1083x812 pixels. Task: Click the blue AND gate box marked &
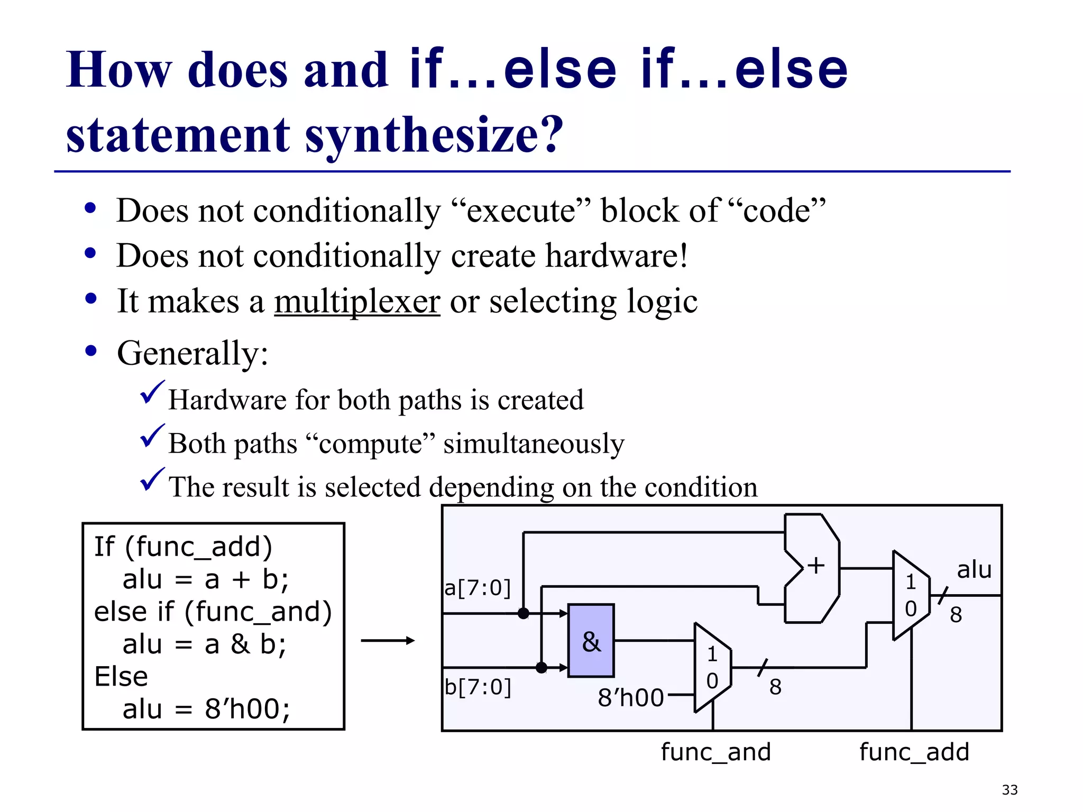pyautogui.click(x=591, y=640)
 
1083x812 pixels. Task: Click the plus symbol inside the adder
pyautogui.click(x=815, y=565)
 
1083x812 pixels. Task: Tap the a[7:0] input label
pyautogui.click(x=478, y=587)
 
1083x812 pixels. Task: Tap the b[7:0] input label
pyautogui.click(x=478, y=687)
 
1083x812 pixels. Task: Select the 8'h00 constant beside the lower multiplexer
pyautogui.click(x=630, y=697)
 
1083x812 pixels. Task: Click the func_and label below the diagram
pyautogui.click(x=715, y=752)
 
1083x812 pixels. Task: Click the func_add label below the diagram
pyautogui.click(x=914, y=752)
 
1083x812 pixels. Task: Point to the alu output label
pyautogui.click(x=974, y=570)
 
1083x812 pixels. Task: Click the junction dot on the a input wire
pyautogui.click(x=523, y=613)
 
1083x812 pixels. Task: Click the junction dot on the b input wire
pyautogui.click(x=541, y=668)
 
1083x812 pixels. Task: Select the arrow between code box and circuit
pyautogui.click(x=388, y=641)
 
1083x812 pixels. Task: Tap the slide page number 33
pyautogui.click(x=1009, y=790)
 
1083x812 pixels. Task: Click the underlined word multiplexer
pyautogui.click(x=357, y=301)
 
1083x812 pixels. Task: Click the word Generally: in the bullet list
pyautogui.click(x=192, y=353)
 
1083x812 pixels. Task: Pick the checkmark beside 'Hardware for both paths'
pyautogui.click(x=152, y=393)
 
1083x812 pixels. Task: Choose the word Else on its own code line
pyautogui.click(x=121, y=677)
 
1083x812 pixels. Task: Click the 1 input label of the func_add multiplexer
pyautogui.click(x=911, y=582)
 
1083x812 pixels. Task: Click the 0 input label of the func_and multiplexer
pyautogui.click(x=712, y=681)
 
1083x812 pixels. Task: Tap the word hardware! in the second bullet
pyautogui.click(x=616, y=256)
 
